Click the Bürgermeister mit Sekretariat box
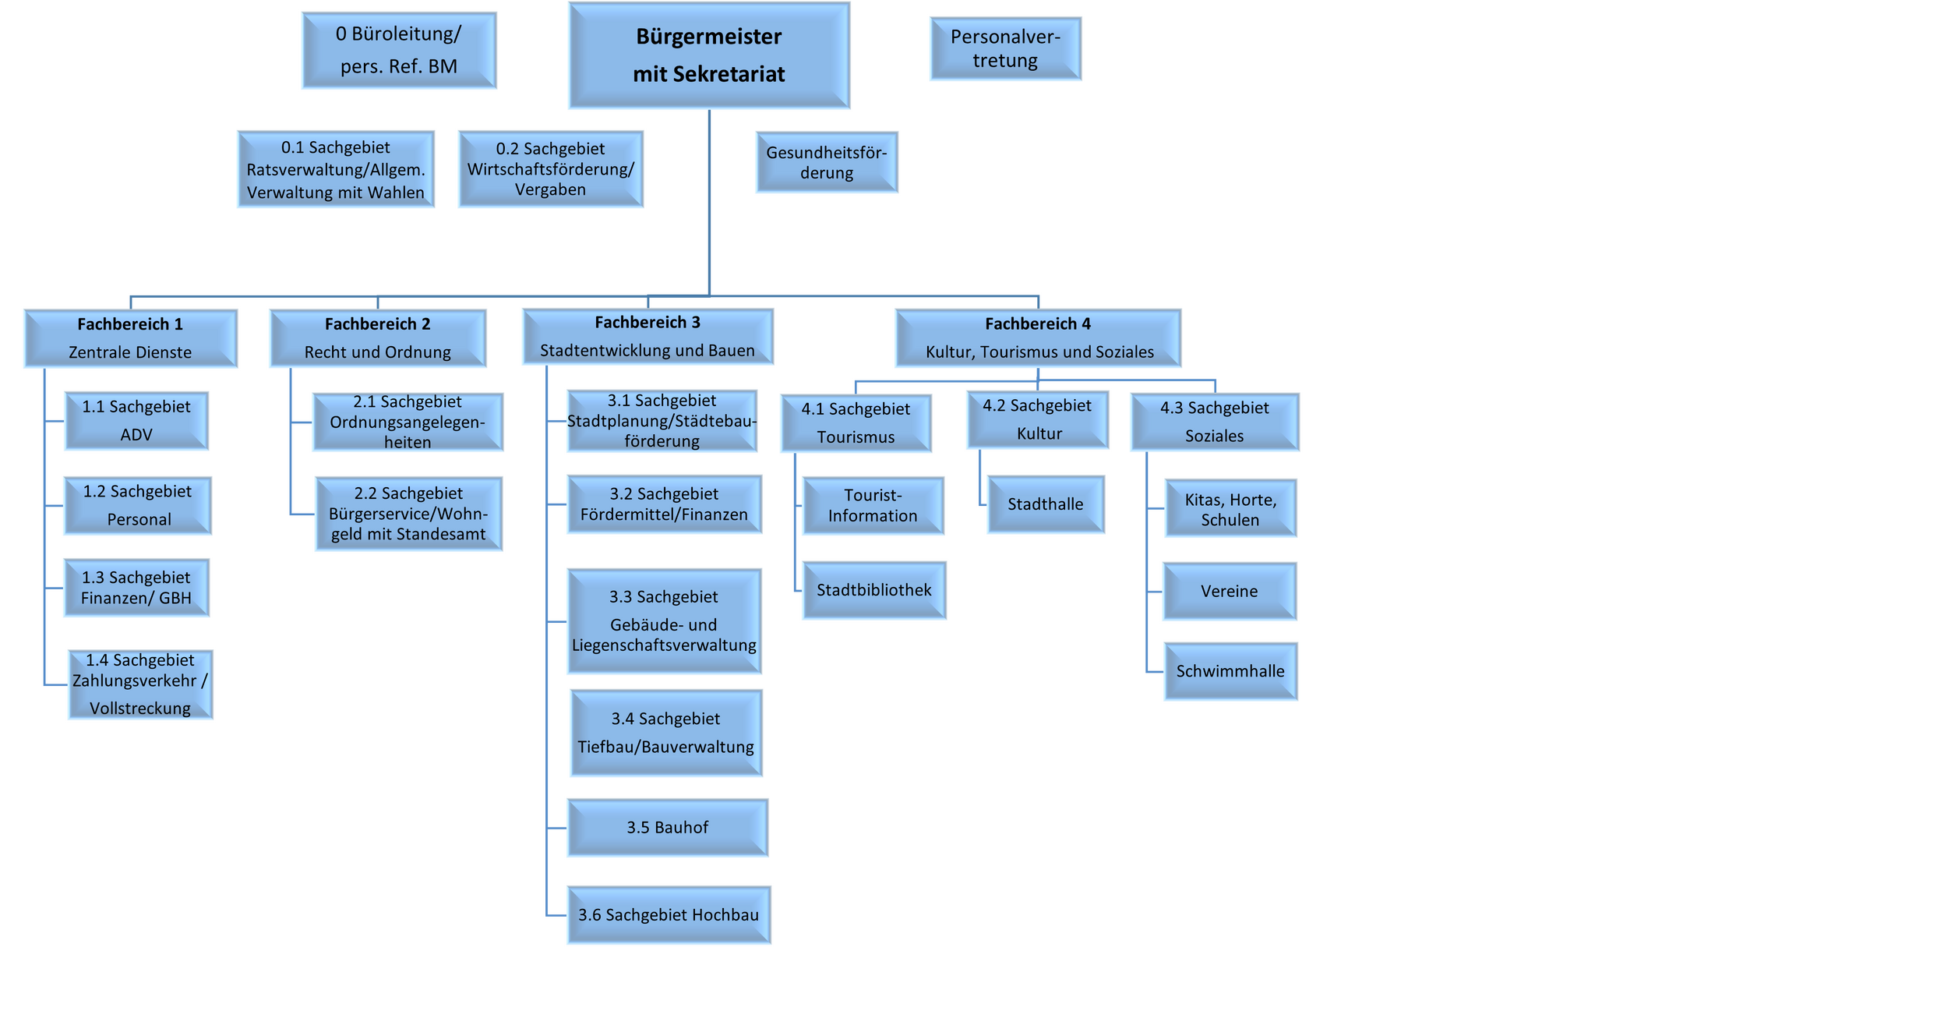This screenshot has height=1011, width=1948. click(x=709, y=55)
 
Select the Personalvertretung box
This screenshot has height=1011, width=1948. click(x=1005, y=48)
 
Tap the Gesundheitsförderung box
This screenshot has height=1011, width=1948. click(x=827, y=162)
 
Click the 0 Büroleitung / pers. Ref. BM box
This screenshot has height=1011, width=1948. click(x=399, y=50)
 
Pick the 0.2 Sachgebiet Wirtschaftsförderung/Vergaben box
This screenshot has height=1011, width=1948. click(x=551, y=169)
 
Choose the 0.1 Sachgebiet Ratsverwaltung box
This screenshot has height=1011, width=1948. click(x=336, y=169)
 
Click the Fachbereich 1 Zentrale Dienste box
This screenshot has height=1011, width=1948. click(x=130, y=338)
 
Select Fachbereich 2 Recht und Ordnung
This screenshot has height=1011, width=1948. click(x=378, y=338)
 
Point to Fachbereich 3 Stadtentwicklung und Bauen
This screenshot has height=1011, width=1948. click(x=648, y=337)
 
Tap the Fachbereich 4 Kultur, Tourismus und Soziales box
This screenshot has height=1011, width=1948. click(x=1038, y=338)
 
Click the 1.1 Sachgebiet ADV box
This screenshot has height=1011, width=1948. click(x=136, y=421)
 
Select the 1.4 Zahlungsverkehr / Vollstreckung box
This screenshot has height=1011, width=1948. click(x=140, y=684)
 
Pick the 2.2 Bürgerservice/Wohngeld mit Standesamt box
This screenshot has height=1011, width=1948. click(x=408, y=514)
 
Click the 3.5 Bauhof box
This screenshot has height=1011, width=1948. click(x=668, y=828)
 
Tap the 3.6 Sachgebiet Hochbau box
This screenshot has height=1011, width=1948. click(x=669, y=915)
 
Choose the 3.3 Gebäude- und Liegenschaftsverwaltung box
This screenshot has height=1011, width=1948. click(x=664, y=621)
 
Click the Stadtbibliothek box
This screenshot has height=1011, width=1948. click(x=874, y=590)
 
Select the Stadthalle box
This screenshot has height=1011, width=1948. click(x=1046, y=504)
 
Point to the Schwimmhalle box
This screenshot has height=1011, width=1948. click(x=1230, y=671)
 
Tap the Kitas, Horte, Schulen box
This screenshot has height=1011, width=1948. click(x=1230, y=508)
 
